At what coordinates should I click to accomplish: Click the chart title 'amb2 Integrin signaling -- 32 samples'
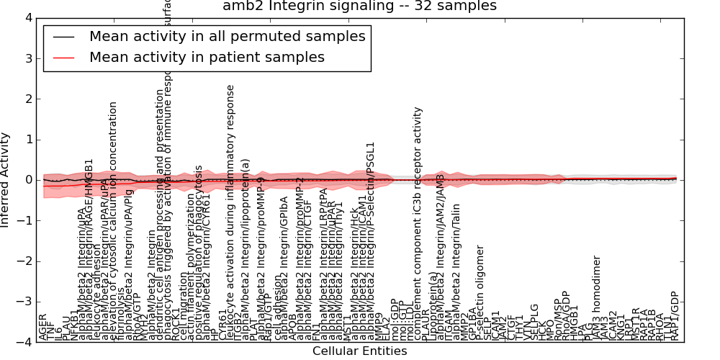pos(359,6)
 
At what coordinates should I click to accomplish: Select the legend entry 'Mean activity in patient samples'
pos(207,57)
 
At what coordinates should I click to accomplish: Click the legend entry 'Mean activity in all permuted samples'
pos(227,36)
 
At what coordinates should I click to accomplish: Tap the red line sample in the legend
pos(64,57)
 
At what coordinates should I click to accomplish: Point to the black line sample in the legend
pos(64,36)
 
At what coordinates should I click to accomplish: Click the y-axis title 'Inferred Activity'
pos(6,180)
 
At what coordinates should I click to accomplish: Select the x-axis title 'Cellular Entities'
pos(359,351)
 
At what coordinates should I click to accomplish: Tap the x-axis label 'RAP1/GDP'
pos(675,315)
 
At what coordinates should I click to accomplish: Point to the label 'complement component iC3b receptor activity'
pos(418,223)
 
